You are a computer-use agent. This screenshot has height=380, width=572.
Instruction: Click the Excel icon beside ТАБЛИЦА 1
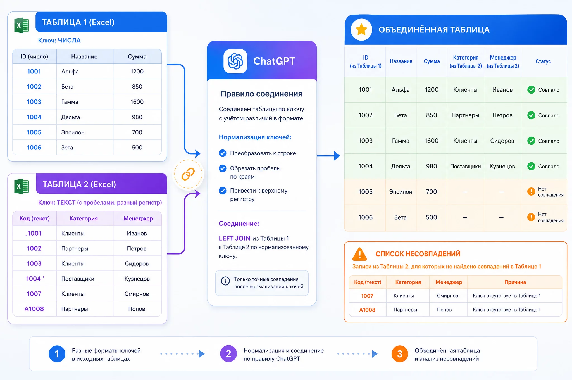tap(22, 25)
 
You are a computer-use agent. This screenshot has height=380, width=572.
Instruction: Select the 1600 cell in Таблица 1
tap(137, 102)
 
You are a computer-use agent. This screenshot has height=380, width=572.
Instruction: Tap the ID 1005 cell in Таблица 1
tap(34, 132)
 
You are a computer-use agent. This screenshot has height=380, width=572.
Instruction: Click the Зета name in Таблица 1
tap(67, 148)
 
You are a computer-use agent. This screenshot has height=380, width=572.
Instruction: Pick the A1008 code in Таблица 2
tap(34, 309)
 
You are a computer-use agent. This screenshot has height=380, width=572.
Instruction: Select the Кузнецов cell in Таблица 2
tap(137, 279)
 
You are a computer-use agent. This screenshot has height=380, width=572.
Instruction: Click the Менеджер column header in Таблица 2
tap(138, 218)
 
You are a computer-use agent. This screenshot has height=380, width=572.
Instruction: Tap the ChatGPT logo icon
tap(235, 61)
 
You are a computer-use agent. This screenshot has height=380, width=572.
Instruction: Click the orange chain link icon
tap(188, 174)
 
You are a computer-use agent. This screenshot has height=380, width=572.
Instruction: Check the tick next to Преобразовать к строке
tap(223, 153)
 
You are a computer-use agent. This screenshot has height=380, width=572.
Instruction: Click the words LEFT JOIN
tap(234, 238)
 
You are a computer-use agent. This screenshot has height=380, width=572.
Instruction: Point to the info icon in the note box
tap(225, 281)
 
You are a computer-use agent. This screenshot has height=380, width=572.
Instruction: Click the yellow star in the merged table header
tap(361, 29)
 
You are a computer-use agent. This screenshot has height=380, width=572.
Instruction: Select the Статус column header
tap(543, 61)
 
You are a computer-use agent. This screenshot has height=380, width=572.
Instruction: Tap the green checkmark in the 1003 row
tap(531, 141)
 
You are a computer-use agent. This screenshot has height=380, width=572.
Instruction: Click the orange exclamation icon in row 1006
tap(531, 217)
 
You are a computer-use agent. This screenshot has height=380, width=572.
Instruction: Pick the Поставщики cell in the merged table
tap(465, 167)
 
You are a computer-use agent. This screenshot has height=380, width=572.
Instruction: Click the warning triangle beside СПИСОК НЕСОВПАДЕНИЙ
tap(360, 254)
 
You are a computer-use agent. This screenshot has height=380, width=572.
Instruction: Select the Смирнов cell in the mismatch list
tap(447, 296)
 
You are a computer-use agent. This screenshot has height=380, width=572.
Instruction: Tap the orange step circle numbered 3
tap(400, 354)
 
